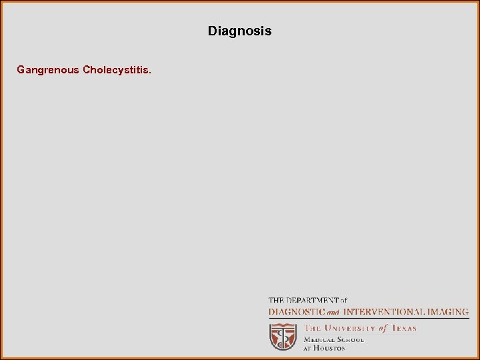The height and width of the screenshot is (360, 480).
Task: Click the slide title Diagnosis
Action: point(239,31)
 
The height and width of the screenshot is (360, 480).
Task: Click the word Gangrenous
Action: point(48,69)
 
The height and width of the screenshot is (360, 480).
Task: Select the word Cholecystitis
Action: point(117,69)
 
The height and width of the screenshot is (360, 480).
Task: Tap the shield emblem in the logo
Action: point(283,336)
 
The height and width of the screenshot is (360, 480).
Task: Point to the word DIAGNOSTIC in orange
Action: point(297,311)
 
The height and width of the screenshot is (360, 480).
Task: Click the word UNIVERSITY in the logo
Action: point(349,328)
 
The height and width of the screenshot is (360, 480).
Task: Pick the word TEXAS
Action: point(403,328)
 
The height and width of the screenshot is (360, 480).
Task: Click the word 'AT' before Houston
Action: point(309,348)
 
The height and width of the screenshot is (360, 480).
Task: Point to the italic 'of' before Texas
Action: point(383,328)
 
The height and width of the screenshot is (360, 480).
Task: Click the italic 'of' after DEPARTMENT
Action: point(343,301)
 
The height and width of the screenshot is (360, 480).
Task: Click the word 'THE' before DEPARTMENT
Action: point(275,301)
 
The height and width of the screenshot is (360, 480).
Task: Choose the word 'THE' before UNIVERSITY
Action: point(313,328)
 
